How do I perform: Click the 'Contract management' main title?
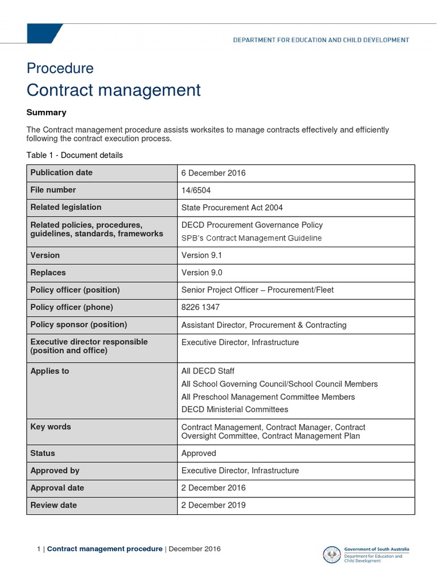pyautogui.click(x=113, y=90)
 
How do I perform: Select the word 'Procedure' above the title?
pyautogui.click(x=60, y=68)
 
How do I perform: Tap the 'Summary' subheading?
pyautogui.click(x=46, y=113)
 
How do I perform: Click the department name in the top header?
pyautogui.click(x=321, y=40)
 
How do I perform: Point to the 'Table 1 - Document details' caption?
pyautogui.click(x=75, y=155)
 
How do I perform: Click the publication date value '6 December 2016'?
pyautogui.click(x=213, y=173)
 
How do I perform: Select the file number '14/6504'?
pyautogui.click(x=196, y=190)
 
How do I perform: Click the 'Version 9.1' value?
pyautogui.click(x=201, y=255)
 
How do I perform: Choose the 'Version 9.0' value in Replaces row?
pyautogui.click(x=201, y=273)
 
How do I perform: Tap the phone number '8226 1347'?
pyautogui.click(x=200, y=307)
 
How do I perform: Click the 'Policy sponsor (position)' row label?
pyautogui.click(x=79, y=325)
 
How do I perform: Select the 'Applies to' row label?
pyautogui.click(x=50, y=371)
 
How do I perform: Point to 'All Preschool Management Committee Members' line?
pyautogui.click(x=268, y=397)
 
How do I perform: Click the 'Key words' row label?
pyautogui.click(x=51, y=427)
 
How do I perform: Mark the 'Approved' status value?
pyautogui.click(x=199, y=453)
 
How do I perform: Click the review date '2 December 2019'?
pyautogui.click(x=213, y=505)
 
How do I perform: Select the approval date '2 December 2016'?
pyautogui.click(x=213, y=488)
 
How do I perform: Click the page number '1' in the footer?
pyautogui.click(x=38, y=549)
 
